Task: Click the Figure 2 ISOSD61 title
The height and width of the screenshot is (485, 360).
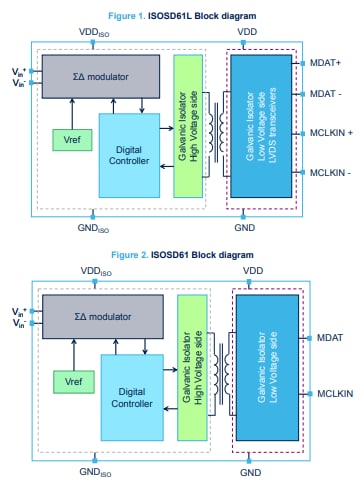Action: [x=180, y=255]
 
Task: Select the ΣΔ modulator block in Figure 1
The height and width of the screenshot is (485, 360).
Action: [x=99, y=75]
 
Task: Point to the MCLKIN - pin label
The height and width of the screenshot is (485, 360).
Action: [x=326, y=173]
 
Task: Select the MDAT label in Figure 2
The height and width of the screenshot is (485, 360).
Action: [x=327, y=337]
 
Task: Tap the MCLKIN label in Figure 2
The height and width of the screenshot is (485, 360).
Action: [x=331, y=393]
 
